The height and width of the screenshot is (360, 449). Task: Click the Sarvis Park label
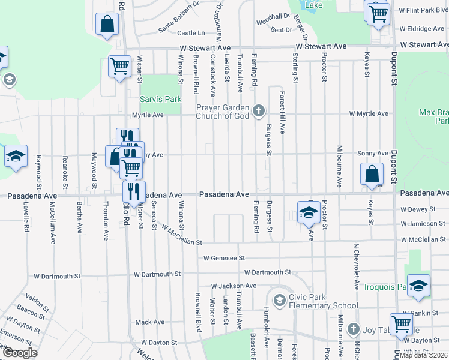[x=160, y=98]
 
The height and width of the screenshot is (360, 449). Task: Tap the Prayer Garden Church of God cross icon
[x=259, y=110]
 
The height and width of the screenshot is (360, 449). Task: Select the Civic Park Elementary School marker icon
[x=279, y=299]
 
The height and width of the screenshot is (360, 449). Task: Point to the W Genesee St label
[x=224, y=258]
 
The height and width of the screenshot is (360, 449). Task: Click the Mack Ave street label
[x=149, y=322]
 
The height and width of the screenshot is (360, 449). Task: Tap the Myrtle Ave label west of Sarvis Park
[x=148, y=115]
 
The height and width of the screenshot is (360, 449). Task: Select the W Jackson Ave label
[x=234, y=286]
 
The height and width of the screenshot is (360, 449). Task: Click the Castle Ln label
[x=191, y=33]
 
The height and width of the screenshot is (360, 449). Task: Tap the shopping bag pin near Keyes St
[x=372, y=174]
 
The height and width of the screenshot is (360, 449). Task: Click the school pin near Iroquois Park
[x=419, y=285]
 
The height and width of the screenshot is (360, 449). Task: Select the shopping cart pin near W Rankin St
[x=402, y=324]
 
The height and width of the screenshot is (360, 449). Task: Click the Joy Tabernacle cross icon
[x=354, y=329]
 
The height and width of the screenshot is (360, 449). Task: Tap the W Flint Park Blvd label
[x=424, y=10]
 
